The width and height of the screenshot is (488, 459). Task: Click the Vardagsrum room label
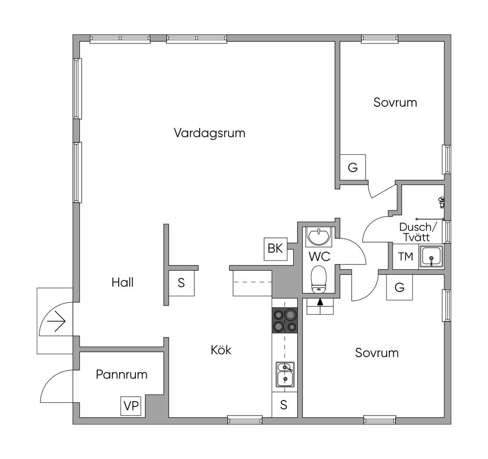point(209,133)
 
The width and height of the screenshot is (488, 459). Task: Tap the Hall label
point(122,282)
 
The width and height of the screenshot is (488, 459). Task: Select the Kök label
point(221,350)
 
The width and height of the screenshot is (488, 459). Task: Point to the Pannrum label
point(122,374)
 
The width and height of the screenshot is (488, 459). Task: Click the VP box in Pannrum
point(131,406)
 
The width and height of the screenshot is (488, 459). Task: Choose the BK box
point(275,248)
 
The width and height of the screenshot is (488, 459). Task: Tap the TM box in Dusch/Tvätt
point(406,257)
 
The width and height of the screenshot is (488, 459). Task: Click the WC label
point(319,256)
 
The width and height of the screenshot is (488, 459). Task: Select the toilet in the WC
point(318,279)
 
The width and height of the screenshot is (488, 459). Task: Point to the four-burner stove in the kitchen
point(285,320)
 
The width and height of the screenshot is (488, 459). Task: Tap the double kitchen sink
point(285,374)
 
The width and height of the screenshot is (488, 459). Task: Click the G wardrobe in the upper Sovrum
point(353,167)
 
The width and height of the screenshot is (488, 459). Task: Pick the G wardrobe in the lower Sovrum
point(399,287)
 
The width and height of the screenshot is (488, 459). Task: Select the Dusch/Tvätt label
point(415,232)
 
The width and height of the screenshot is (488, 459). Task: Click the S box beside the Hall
point(181,283)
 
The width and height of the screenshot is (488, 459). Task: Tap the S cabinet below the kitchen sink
point(284,405)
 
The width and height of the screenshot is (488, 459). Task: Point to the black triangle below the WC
point(319,301)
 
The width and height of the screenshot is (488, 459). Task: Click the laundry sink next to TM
point(432,257)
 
